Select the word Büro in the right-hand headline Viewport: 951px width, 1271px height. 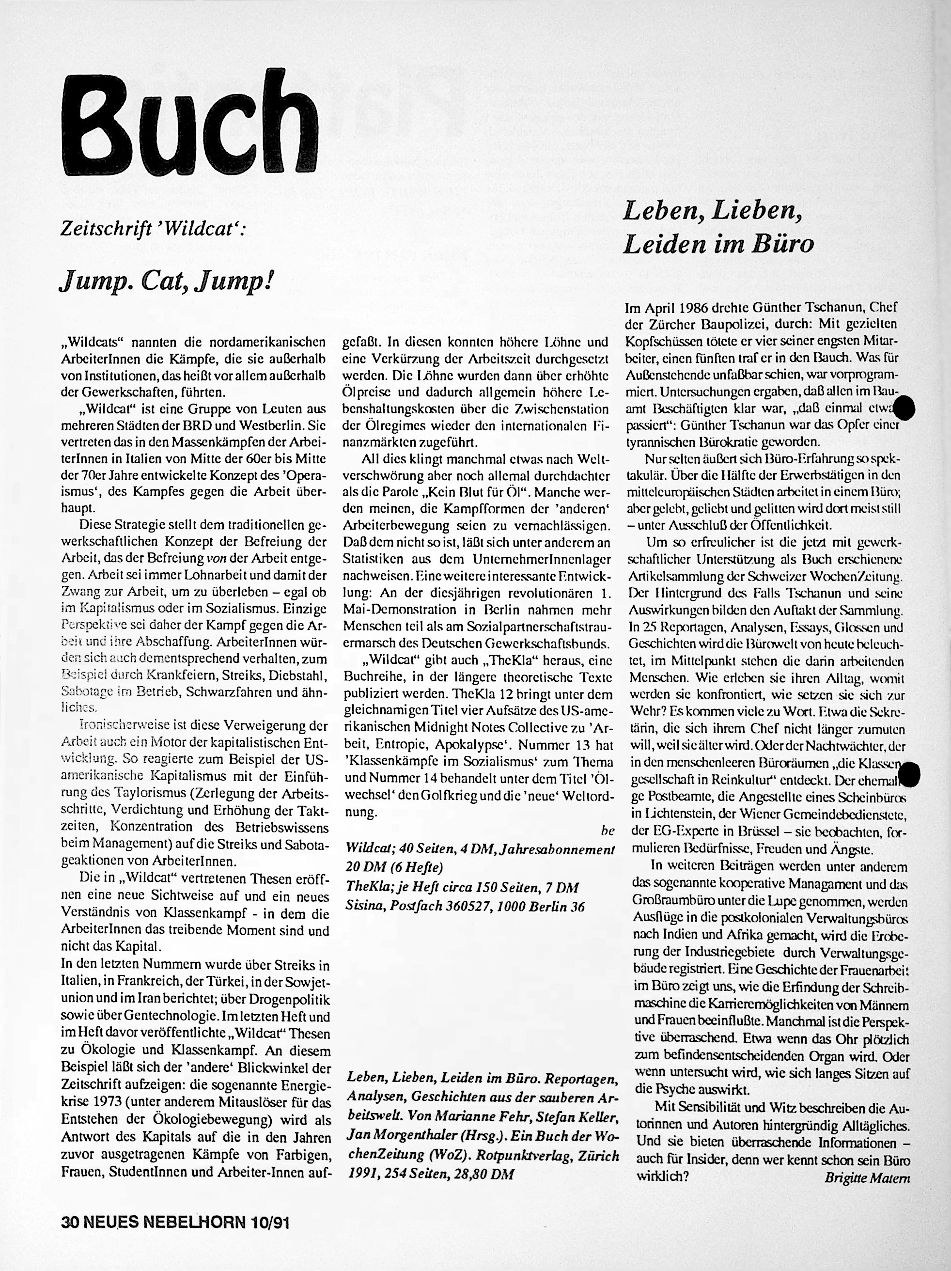point(785,244)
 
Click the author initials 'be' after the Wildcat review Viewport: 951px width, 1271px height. point(608,830)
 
